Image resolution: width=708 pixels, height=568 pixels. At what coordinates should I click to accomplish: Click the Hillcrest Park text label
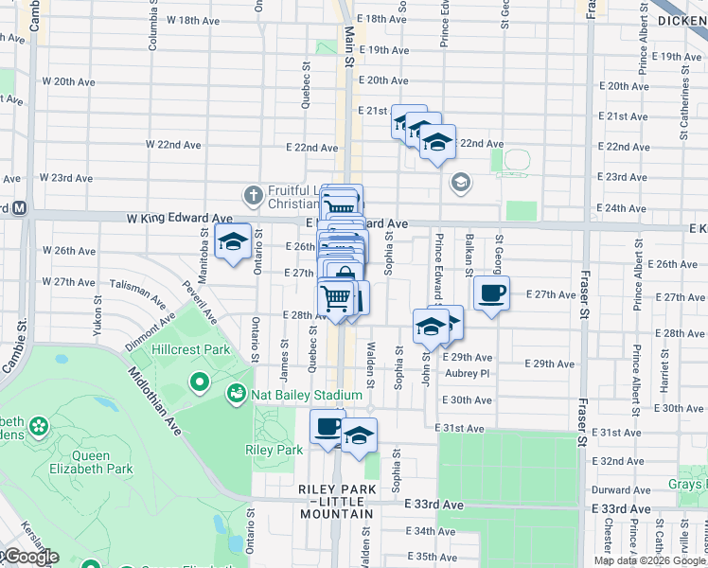click(x=192, y=349)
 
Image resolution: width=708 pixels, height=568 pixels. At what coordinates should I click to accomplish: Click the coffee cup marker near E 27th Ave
click(x=490, y=293)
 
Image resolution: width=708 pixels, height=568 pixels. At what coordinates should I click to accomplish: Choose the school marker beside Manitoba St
click(x=233, y=242)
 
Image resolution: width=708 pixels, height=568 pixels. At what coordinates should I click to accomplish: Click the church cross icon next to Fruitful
click(x=252, y=196)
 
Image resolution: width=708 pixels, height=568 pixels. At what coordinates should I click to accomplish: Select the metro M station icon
click(x=19, y=207)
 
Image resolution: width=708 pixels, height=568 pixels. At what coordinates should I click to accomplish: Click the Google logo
click(x=30, y=557)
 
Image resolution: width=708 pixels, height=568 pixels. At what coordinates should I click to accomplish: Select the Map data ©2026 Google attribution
click(x=649, y=560)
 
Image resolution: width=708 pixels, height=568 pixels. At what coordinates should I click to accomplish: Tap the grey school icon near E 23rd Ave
click(x=461, y=183)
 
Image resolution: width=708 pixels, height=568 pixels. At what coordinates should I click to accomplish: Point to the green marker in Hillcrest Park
click(x=200, y=383)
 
